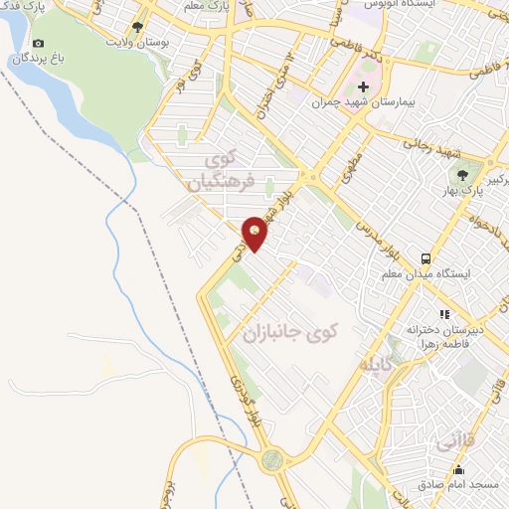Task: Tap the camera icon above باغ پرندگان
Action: (38, 44)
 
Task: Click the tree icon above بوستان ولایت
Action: (137, 27)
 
